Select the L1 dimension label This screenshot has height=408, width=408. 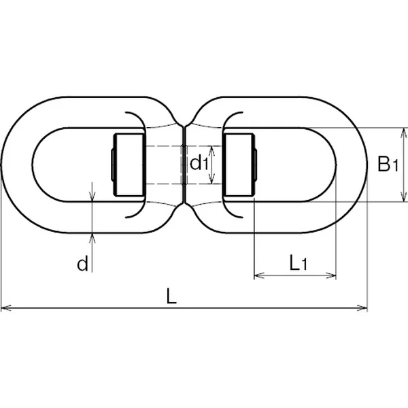[299, 262]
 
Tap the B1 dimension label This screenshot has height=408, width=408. [388, 164]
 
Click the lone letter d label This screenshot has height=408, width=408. [83, 264]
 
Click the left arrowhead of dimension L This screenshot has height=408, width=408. [6, 308]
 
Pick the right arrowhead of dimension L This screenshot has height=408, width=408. [362, 308]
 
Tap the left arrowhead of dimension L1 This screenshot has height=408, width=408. [259, 275]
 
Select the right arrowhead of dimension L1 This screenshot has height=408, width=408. [330, 275]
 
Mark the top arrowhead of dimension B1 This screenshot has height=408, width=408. [404, 133]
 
